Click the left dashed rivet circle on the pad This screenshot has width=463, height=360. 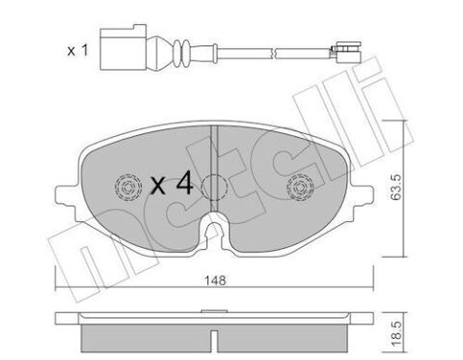click(x=125, y=188)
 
